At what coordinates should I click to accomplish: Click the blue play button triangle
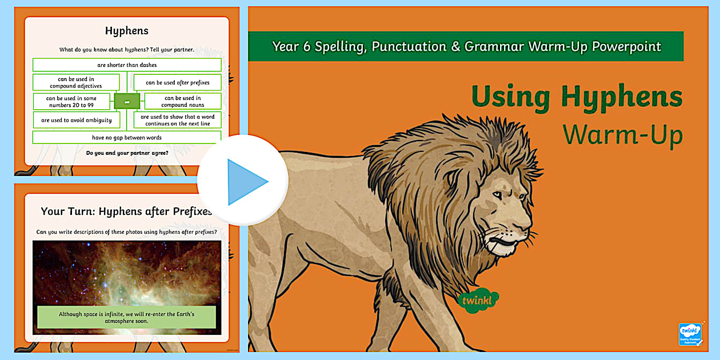pyautogui.click(x=246, y=182)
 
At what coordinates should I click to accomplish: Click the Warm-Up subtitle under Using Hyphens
pyautogui.click(x=622, y=135)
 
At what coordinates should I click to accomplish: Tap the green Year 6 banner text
pyautogui.click(x=466, y=46)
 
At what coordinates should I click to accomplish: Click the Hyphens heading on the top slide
pyautogui.click(x=127, y=31)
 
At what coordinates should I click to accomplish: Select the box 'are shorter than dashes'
pyautogui.click(x=127, y=65)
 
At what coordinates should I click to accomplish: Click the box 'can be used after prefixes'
pyautogui.click(x=177, y=82)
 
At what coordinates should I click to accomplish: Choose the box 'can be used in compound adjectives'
pyautogui.click(x=76, y=82)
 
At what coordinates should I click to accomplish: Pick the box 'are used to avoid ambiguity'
pyautogui.click(x=77, y=120)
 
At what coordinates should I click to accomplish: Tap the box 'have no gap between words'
pyautogui.click(x=127, y=138)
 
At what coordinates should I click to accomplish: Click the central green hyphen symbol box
pyautogui.click(x=127, y=102)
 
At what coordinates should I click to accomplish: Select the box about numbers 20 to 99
pyautogui.click(x=71, y=102)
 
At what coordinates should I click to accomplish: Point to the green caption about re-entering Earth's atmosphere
pyautogui.click(x=127, y=318)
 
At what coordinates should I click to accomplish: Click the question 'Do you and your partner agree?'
pyautogui.click(x=127, y=153)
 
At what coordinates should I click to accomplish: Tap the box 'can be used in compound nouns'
pyautogui.click(x=183, y=102)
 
